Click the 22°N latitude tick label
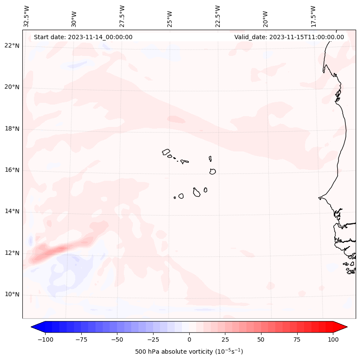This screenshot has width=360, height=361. coord(12,46)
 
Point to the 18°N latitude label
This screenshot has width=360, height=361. coord(12,129)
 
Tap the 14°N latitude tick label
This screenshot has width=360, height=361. coord(12,211)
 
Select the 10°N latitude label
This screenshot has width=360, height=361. coord(12,294)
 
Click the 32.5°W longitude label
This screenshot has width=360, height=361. coord(27,16)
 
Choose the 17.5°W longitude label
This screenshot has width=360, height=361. coord(313,16)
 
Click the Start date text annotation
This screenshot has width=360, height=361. coord(83,37)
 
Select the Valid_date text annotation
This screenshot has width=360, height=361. coord(289,37)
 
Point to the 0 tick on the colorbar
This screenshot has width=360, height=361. coord(189,339)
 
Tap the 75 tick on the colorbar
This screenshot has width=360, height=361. coord(297,339)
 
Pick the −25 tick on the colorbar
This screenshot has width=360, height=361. coord(153,339)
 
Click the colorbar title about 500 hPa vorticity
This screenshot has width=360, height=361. coord(189,352)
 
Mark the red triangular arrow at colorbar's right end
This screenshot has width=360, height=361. coord(341,327)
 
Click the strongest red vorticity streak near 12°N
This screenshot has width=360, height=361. coord(54,250)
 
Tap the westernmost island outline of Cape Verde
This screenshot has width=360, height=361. coord(166,152)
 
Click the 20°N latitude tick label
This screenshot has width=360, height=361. coord(12,87)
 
